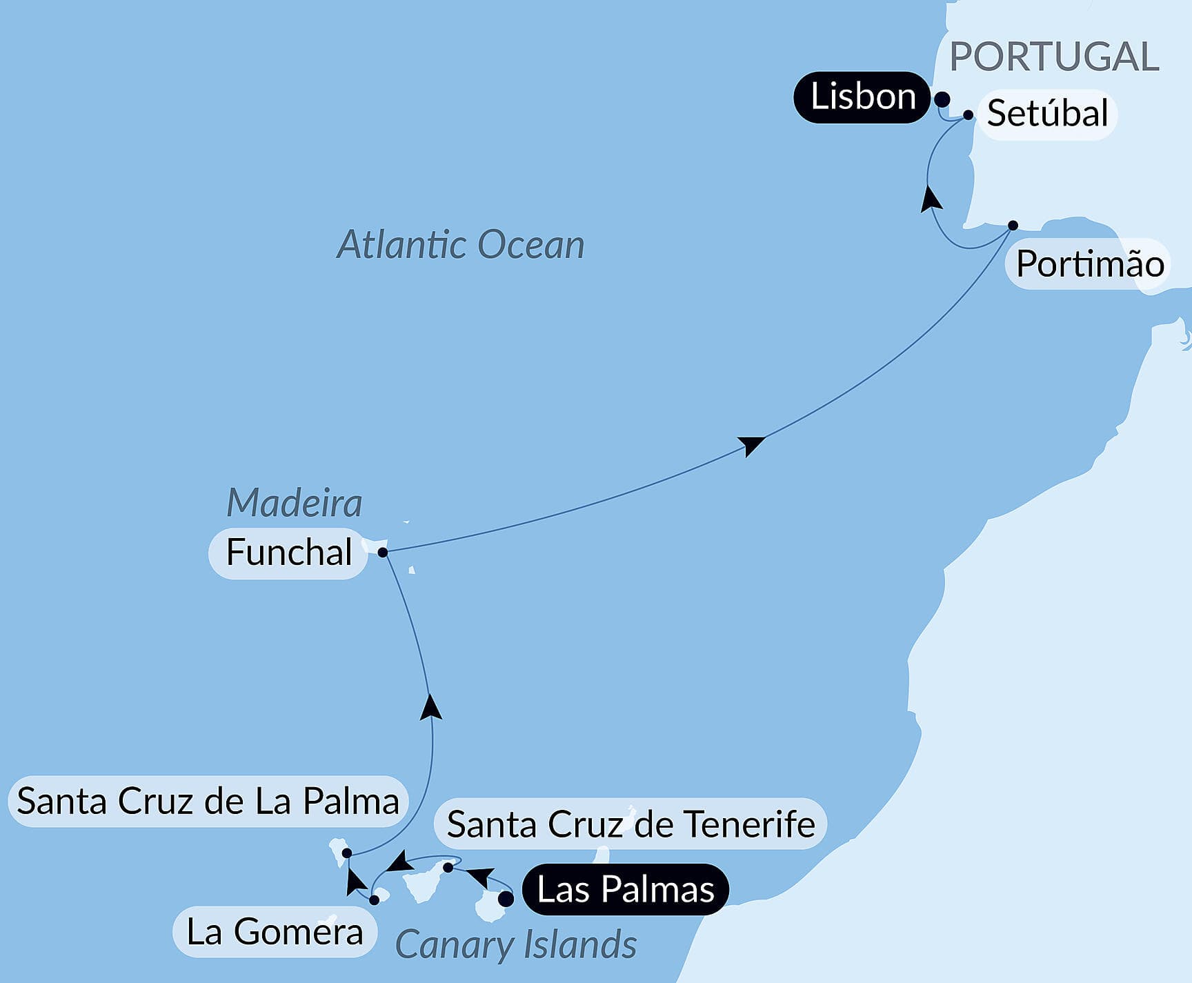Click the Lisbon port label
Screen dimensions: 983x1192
point(862,97)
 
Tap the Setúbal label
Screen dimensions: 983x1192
point(1047,114)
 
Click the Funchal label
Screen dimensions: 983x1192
point(289,553)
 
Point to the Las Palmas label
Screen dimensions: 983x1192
point(625,889)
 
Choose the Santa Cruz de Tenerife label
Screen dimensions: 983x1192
point(630,824)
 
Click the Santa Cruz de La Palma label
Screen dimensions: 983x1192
point(208,802)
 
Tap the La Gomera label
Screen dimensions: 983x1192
point(275,932)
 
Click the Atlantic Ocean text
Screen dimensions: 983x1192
point(460,245)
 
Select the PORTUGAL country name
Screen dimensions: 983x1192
point(1054,57)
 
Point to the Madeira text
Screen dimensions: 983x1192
point(294,502)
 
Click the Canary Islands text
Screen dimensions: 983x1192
point(515,944)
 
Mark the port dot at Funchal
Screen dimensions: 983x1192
point(383,552)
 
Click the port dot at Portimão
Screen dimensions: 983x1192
point(1013,226)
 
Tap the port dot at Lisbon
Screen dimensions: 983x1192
point(942,99)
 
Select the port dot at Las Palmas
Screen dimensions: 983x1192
point(506,899)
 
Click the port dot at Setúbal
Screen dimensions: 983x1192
point(968,115)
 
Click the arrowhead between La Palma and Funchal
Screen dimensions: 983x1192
point(431,708)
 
